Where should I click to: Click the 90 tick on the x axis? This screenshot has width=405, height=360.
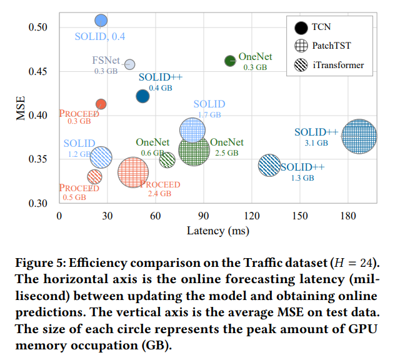(203, 216)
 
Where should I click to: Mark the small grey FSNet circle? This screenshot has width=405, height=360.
(130, 64)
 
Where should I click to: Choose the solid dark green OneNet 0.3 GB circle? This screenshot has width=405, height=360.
(230, 61)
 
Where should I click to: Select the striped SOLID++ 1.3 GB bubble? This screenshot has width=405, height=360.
(269, 166)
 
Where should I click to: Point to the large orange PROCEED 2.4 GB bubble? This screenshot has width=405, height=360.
(133, 172)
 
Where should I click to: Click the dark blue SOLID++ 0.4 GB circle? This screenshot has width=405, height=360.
(142, 96)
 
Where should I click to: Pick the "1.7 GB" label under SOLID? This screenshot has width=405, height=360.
(209, 115)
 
